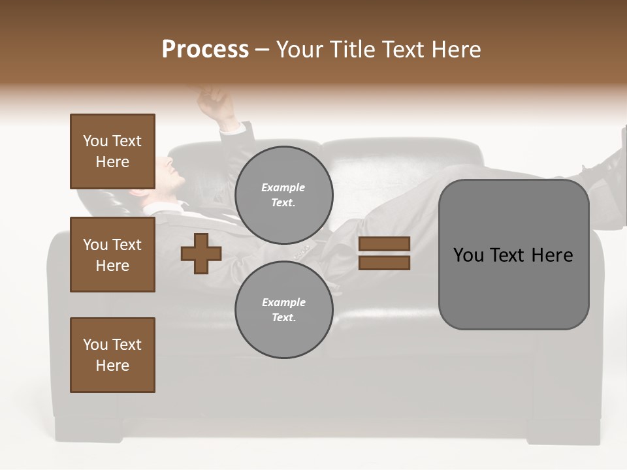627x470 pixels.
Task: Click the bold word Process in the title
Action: coord(205,50)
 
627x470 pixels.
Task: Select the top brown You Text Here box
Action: coord(112,151)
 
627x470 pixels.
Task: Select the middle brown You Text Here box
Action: coord(112,255)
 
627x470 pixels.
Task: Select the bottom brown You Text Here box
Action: coord(112,355)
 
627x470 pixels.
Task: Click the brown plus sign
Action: coord(201,253)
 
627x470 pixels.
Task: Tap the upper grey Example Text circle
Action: coord(283,195)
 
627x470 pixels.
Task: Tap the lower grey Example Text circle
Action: coord(283,310)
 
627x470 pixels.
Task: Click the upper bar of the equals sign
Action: coord(385,244)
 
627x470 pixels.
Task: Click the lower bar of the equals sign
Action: coord(385,263)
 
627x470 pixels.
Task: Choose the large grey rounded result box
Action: coord(513,255)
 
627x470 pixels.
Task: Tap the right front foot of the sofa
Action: coord(565,431)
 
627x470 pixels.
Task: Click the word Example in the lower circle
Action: coord(283,302)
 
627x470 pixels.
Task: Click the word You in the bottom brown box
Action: coord(95,345)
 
